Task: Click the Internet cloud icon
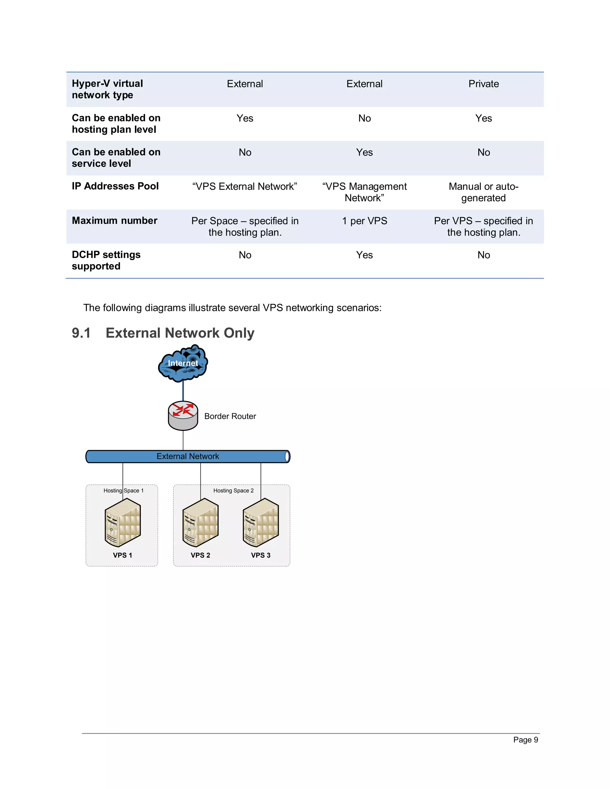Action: [183, 364]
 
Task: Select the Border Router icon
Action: [183, 416]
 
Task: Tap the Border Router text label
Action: [230, 416]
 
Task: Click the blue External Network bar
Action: [188, 456]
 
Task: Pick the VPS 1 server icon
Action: [122, 523]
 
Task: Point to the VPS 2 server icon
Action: [200, 523]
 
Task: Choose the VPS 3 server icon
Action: [261, 523]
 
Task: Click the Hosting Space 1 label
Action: [124, 491]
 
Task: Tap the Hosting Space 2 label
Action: [234, 491]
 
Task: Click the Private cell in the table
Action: [483, 84]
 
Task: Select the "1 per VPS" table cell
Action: [365, 221]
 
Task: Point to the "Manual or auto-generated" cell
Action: [483, 192]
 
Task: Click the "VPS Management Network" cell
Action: [364, 192]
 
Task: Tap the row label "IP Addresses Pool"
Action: [115, 186]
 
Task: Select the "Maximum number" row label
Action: [115, 220]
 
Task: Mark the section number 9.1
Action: [81, 333]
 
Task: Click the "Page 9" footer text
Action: [525, 740]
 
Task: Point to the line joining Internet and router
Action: [183, 391]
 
